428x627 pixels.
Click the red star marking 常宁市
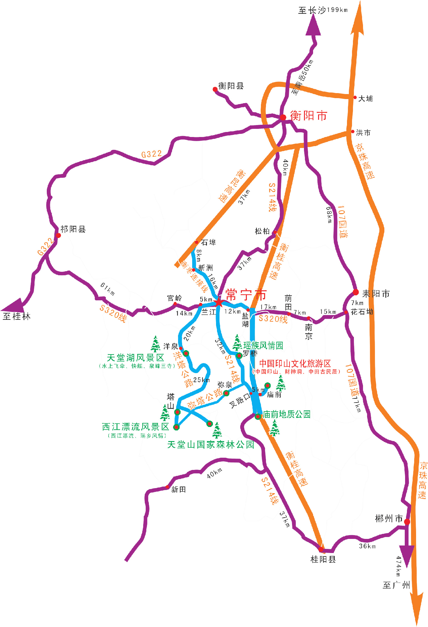[x=218, y=302]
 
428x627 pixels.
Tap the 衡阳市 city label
[x=308, y=116]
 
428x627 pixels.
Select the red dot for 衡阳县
[x=215, y=89]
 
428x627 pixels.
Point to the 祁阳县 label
[x=73, y=229]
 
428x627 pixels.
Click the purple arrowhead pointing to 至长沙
[x=313, y=25]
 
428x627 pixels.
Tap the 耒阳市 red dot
[x=355, y=292]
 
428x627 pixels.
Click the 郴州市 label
[x=389, y=519]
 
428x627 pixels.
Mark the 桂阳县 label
[x=323, y=559]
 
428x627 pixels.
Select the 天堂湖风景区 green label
[x=135, y=358]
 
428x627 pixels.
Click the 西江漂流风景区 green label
[x=135, y=427]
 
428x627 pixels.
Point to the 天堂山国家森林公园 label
[x=210, y=445]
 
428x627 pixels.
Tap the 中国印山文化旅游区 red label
[x=295, y=364]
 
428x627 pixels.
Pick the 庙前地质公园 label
[x=287, y=414]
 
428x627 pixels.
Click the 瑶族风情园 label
[x=263, y=345]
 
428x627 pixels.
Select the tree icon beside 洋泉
[x=155, y=344]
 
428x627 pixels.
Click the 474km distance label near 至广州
[x=398, y=566]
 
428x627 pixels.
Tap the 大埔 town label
[x=366, y=99]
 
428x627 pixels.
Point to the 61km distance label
[x=107, y=289]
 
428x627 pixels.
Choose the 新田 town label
[x=178, y=490]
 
